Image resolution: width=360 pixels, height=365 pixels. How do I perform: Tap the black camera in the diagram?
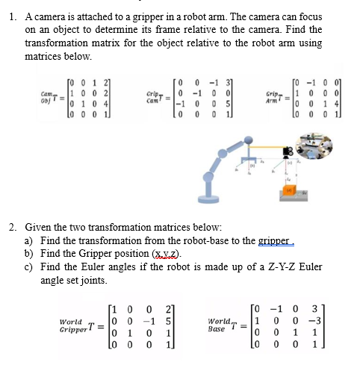(288, 154)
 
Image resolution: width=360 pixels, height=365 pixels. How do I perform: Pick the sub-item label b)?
(31, 253)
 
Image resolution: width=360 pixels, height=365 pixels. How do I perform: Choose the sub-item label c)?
(31, 266)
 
